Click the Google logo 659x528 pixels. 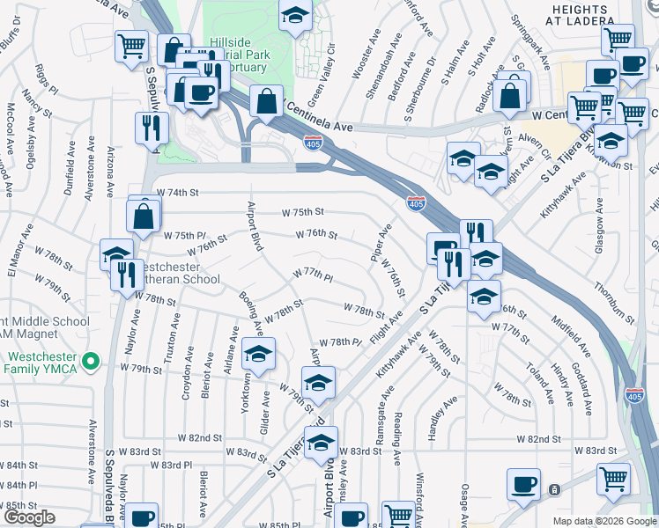click(28, 517)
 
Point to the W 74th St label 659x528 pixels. click(178, 192)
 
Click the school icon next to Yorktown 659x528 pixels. click(258, 354)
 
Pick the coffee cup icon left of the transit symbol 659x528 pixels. click(524, 483)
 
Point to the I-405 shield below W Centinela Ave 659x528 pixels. click(314, 143)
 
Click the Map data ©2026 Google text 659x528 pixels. click(604, 521)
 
